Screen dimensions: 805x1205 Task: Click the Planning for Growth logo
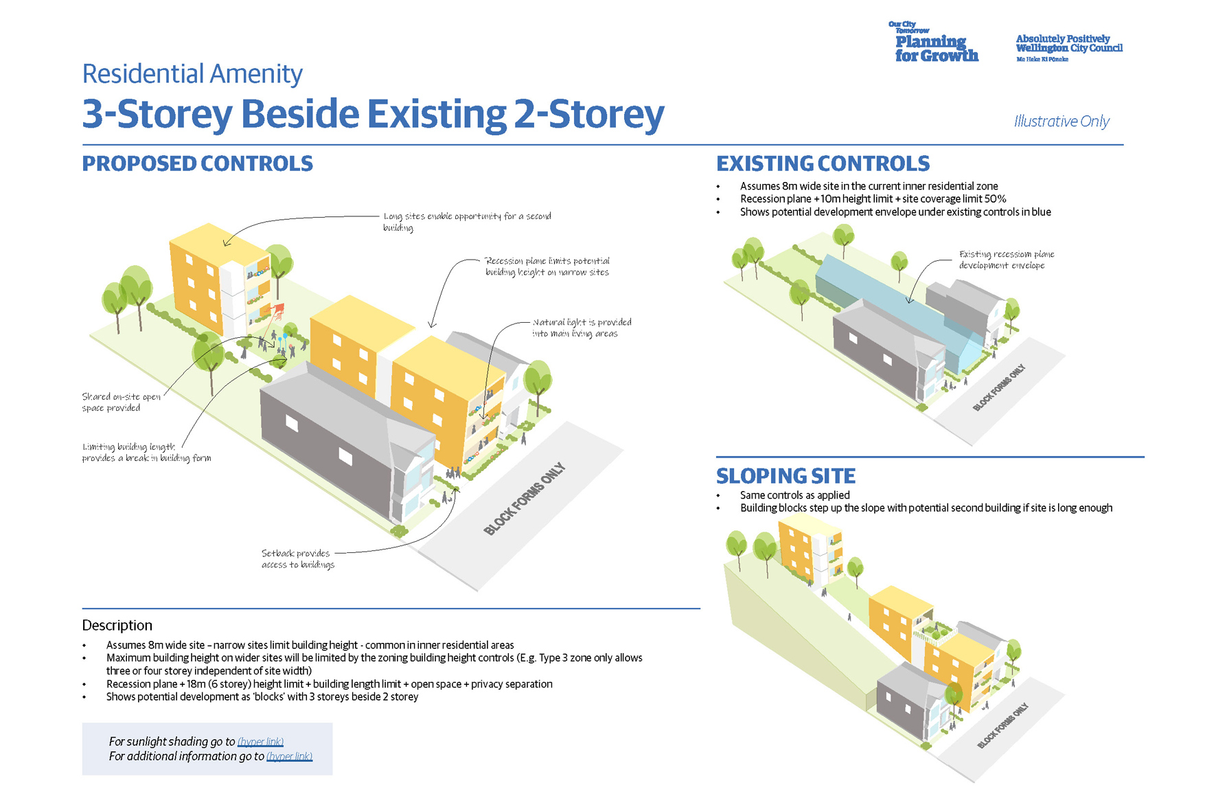point(935,44)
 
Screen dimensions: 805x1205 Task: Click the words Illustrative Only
point(1061,122)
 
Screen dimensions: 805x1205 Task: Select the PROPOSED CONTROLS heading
point(197,164)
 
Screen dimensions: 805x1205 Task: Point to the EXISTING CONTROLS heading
point(823,164)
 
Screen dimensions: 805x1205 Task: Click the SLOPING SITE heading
point(785,476)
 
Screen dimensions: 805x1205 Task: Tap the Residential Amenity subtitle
point(192,74)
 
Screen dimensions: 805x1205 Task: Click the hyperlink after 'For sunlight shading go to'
point(260,742)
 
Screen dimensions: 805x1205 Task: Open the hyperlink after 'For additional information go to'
point(289,756)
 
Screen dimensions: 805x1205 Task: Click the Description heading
point(117,625)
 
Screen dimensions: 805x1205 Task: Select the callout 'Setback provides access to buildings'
point(297,559)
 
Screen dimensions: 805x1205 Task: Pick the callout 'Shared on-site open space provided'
point(121,402)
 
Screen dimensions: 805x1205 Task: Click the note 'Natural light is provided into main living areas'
point(582,328)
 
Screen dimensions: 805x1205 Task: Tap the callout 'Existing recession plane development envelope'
point(1006,260)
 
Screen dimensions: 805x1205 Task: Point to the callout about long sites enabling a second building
point(467,221)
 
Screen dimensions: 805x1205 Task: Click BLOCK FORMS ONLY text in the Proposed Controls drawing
point(524,499)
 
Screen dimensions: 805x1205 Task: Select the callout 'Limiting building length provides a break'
point(146,453)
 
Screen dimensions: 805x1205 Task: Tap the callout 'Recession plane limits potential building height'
point(547,267)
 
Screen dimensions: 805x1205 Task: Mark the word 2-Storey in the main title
point(589,114)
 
